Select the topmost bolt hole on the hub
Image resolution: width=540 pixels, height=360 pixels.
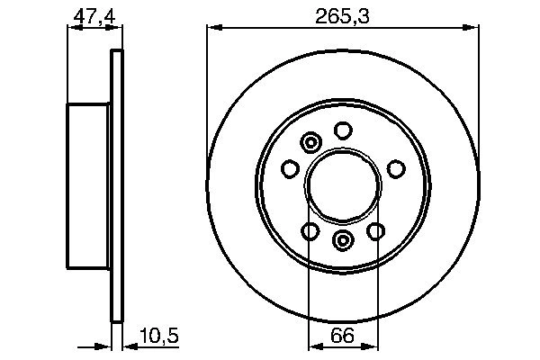342,130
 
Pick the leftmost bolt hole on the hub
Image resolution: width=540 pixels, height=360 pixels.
290,168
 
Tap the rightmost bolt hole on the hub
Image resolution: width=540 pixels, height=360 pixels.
394,168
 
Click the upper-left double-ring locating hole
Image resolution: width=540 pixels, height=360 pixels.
311,142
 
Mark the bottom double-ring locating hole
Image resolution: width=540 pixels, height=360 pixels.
342,240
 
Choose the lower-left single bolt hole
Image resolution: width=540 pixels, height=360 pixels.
310,231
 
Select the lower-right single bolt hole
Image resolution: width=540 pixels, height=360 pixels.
374,231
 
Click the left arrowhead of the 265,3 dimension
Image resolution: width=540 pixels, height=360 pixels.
213,29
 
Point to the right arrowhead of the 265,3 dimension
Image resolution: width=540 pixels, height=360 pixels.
471,29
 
